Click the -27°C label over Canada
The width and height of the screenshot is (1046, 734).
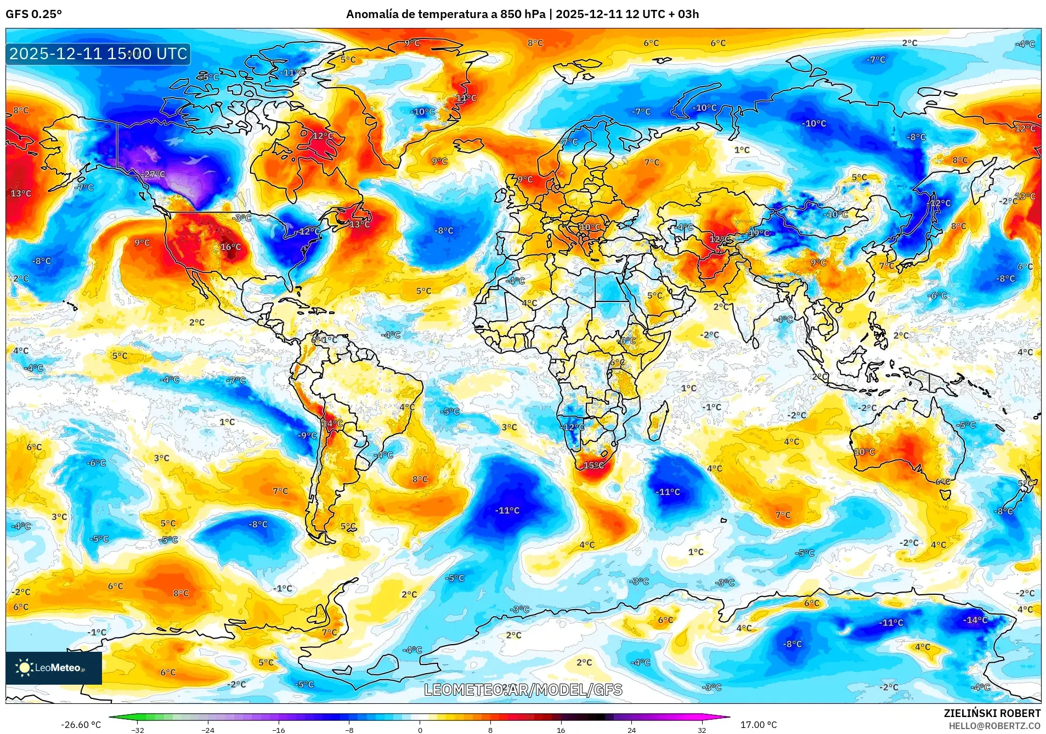click(154, 174)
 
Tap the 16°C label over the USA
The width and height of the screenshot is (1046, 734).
click(230, 247)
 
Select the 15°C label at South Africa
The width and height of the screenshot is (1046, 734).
click(593, 465)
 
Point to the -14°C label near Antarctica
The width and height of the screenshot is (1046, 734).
click(975, 620)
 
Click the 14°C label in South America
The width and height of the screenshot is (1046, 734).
click(332, 423)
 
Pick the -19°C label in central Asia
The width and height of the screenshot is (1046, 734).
click(759, 233)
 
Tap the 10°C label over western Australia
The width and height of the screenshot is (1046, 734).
click(864, 452)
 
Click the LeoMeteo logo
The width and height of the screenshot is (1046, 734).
click(53, 668)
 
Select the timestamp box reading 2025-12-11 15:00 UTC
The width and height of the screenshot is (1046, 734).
click(98, 54)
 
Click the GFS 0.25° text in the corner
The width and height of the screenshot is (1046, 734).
click(33, 14)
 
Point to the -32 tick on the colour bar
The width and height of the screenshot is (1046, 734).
click(138, 730)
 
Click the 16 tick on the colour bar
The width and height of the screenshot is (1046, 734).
click(561, 730)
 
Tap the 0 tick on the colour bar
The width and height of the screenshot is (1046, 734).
click(420, 730)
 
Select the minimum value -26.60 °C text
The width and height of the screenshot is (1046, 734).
click(81, 725)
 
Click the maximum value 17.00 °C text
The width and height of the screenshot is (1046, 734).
click(758, 725)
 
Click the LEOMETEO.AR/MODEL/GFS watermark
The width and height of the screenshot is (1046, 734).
click(523, 690)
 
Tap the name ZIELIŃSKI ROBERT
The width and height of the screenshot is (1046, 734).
click(992, 713)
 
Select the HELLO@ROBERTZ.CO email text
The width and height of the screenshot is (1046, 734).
click(994, 726)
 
